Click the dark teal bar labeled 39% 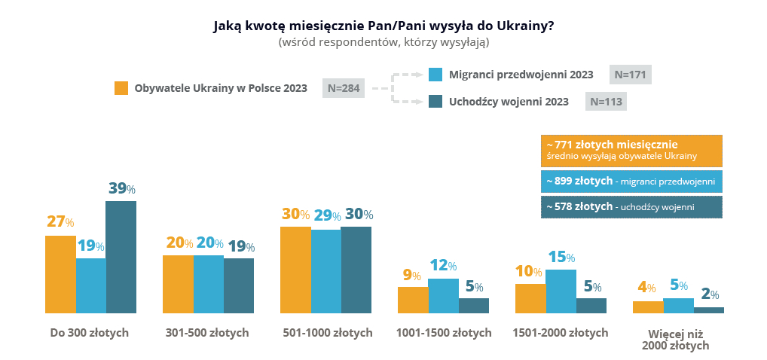click(x=121, y=257)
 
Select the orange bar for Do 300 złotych click(x=60, y=274)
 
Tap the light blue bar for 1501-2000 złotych click(x=561, y=291)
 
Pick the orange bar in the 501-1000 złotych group click(x=295, y=270)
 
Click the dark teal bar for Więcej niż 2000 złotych click(x=708, y=310)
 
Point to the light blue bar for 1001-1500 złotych click(x=443, y=295)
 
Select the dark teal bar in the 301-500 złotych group click(x=238, y=285)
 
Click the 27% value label click(x=60, y=222)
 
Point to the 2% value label click(x=709, y=294)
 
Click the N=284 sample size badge click(x=343, y=88)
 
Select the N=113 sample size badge click(x=606, y=102)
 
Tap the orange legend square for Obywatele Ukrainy click(x=121, y=88)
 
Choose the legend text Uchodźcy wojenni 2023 click(x=509, y=102)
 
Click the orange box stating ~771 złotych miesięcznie click(x=631, y=151)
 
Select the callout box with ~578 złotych click(x=631, y=207)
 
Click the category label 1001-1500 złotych click(x=443, y=333)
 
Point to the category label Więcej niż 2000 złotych click(x=676, y=339)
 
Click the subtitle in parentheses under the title click(x=383, y=42)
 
